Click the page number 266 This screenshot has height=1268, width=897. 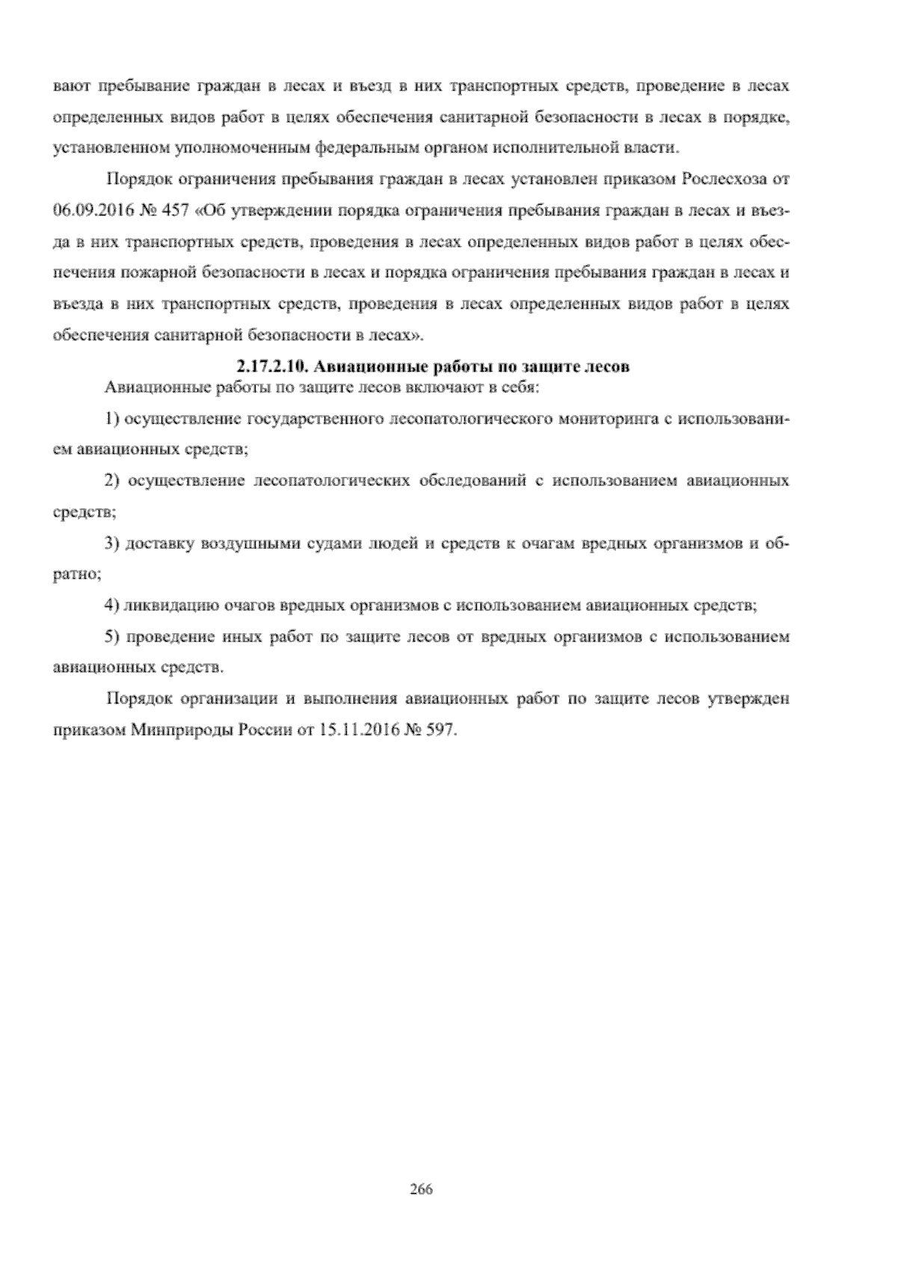click(x=422, y=1189)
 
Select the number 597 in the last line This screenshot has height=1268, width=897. click(x=437, y=730)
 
